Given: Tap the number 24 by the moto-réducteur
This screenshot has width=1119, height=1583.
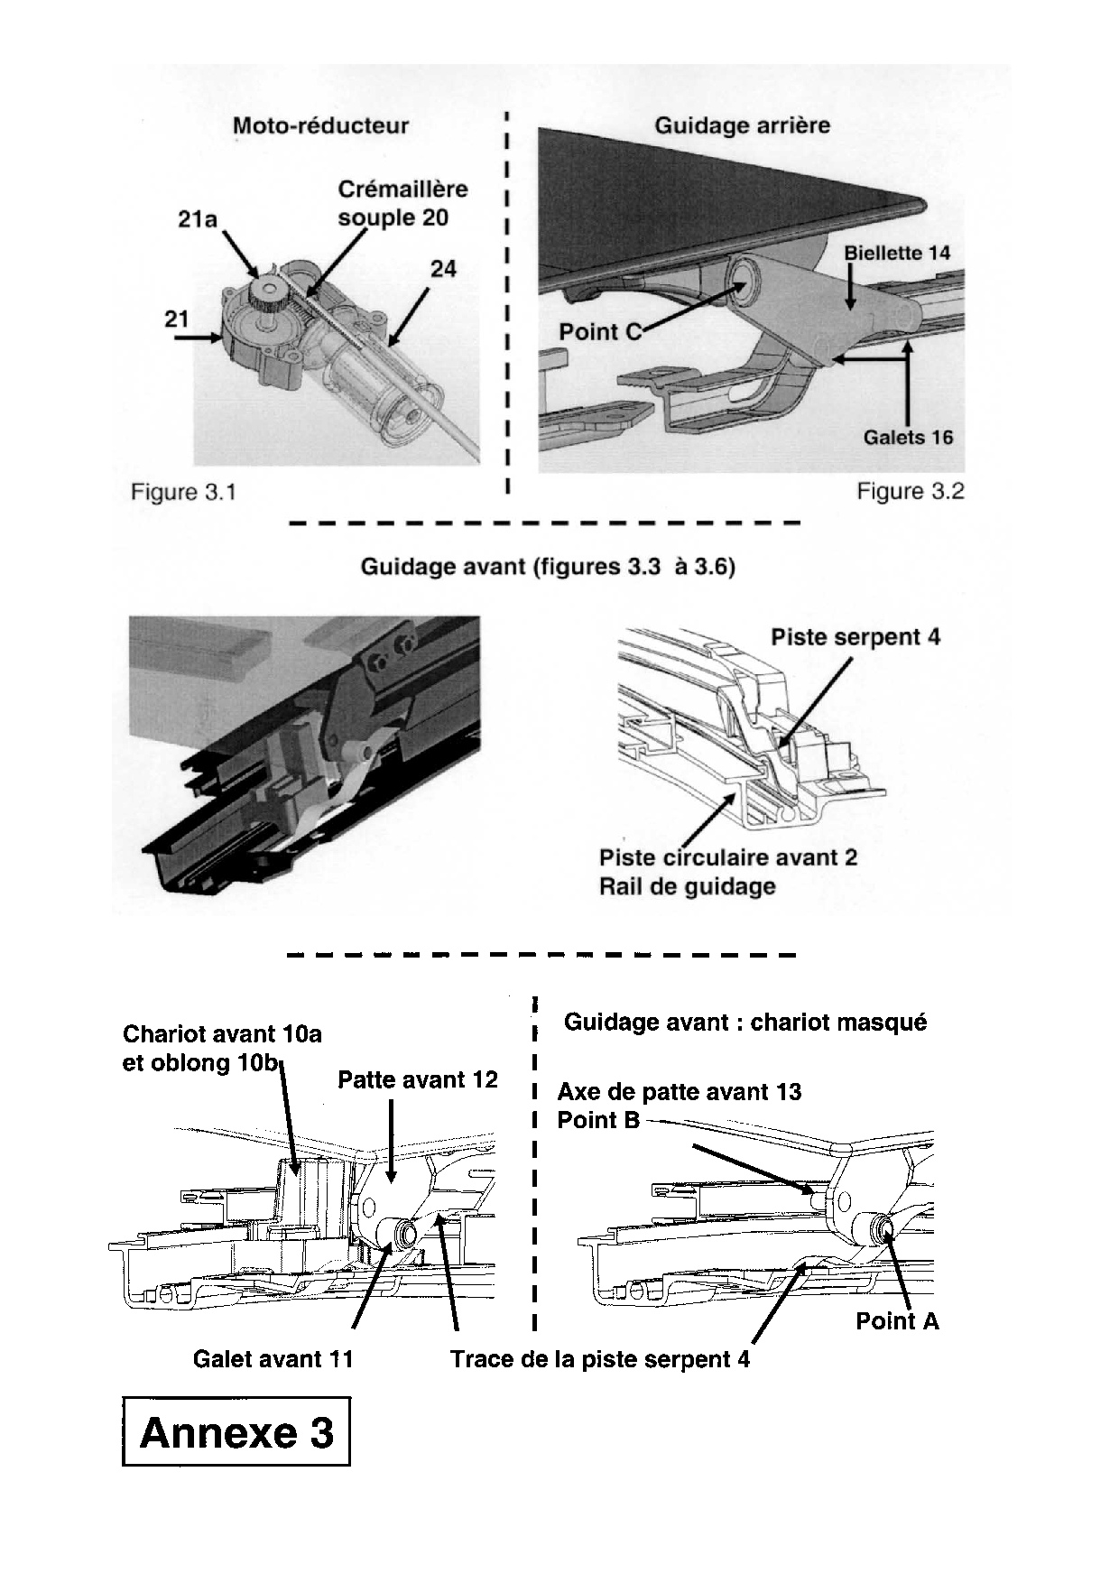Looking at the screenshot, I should [x=443, y=268].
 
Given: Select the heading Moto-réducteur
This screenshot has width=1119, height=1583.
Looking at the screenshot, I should [x=320, y=125].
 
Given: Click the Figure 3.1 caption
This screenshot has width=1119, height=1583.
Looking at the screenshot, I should [x=183, y=492].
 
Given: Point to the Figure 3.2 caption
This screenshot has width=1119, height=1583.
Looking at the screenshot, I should [x=910, y=491].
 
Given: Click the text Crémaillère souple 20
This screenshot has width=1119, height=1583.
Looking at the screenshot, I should [x=402, y=203].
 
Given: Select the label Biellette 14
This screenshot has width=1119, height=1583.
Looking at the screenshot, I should [x=897, y=254].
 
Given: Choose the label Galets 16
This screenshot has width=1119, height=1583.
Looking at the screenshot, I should [x=907, y=438].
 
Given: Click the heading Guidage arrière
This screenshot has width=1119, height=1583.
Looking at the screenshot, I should [x=742, y=125].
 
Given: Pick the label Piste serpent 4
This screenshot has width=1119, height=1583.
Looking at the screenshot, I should [x=855, y=637].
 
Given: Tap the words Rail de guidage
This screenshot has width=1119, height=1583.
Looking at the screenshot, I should [x=687, y=886].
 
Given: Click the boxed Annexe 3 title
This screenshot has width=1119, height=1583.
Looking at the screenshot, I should [x=236, y=1432].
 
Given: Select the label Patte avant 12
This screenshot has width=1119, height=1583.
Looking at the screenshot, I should [x=417, y=1079].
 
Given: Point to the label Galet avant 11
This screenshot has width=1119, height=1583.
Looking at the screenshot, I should [x=273, y=1359].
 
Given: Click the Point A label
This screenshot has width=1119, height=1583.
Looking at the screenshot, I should [x=897, y=1321].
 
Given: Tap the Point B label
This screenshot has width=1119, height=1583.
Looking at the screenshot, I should [x=598, y=1120].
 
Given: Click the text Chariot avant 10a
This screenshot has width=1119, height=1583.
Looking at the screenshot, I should [x=222, y=1033].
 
